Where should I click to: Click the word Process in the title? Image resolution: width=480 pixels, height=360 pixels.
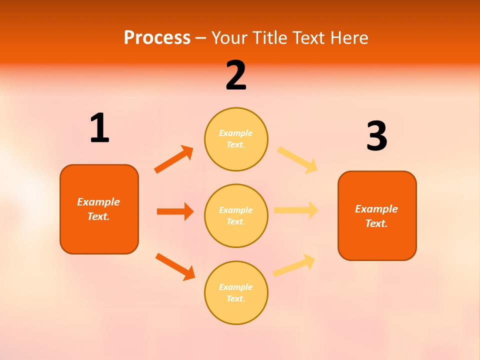coord(157,38)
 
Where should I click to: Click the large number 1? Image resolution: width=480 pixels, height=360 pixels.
coord(99,128)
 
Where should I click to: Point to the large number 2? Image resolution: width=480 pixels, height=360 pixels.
coord(236,75)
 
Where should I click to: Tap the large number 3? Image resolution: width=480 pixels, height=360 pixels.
coord(376,136)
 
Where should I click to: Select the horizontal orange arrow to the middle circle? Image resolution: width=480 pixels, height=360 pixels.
coord(175,211)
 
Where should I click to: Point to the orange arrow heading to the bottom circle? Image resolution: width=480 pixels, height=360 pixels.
coord(175,266)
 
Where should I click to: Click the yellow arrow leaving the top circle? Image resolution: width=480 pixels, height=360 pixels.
coord(297,159)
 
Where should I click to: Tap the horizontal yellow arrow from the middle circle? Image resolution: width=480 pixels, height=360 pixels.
coord(296,210)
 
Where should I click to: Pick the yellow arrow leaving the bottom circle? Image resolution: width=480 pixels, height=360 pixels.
coord(294,265)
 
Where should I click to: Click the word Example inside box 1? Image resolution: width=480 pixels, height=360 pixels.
coord(98,202)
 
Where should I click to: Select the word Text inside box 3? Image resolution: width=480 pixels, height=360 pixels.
coord(376,223)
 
